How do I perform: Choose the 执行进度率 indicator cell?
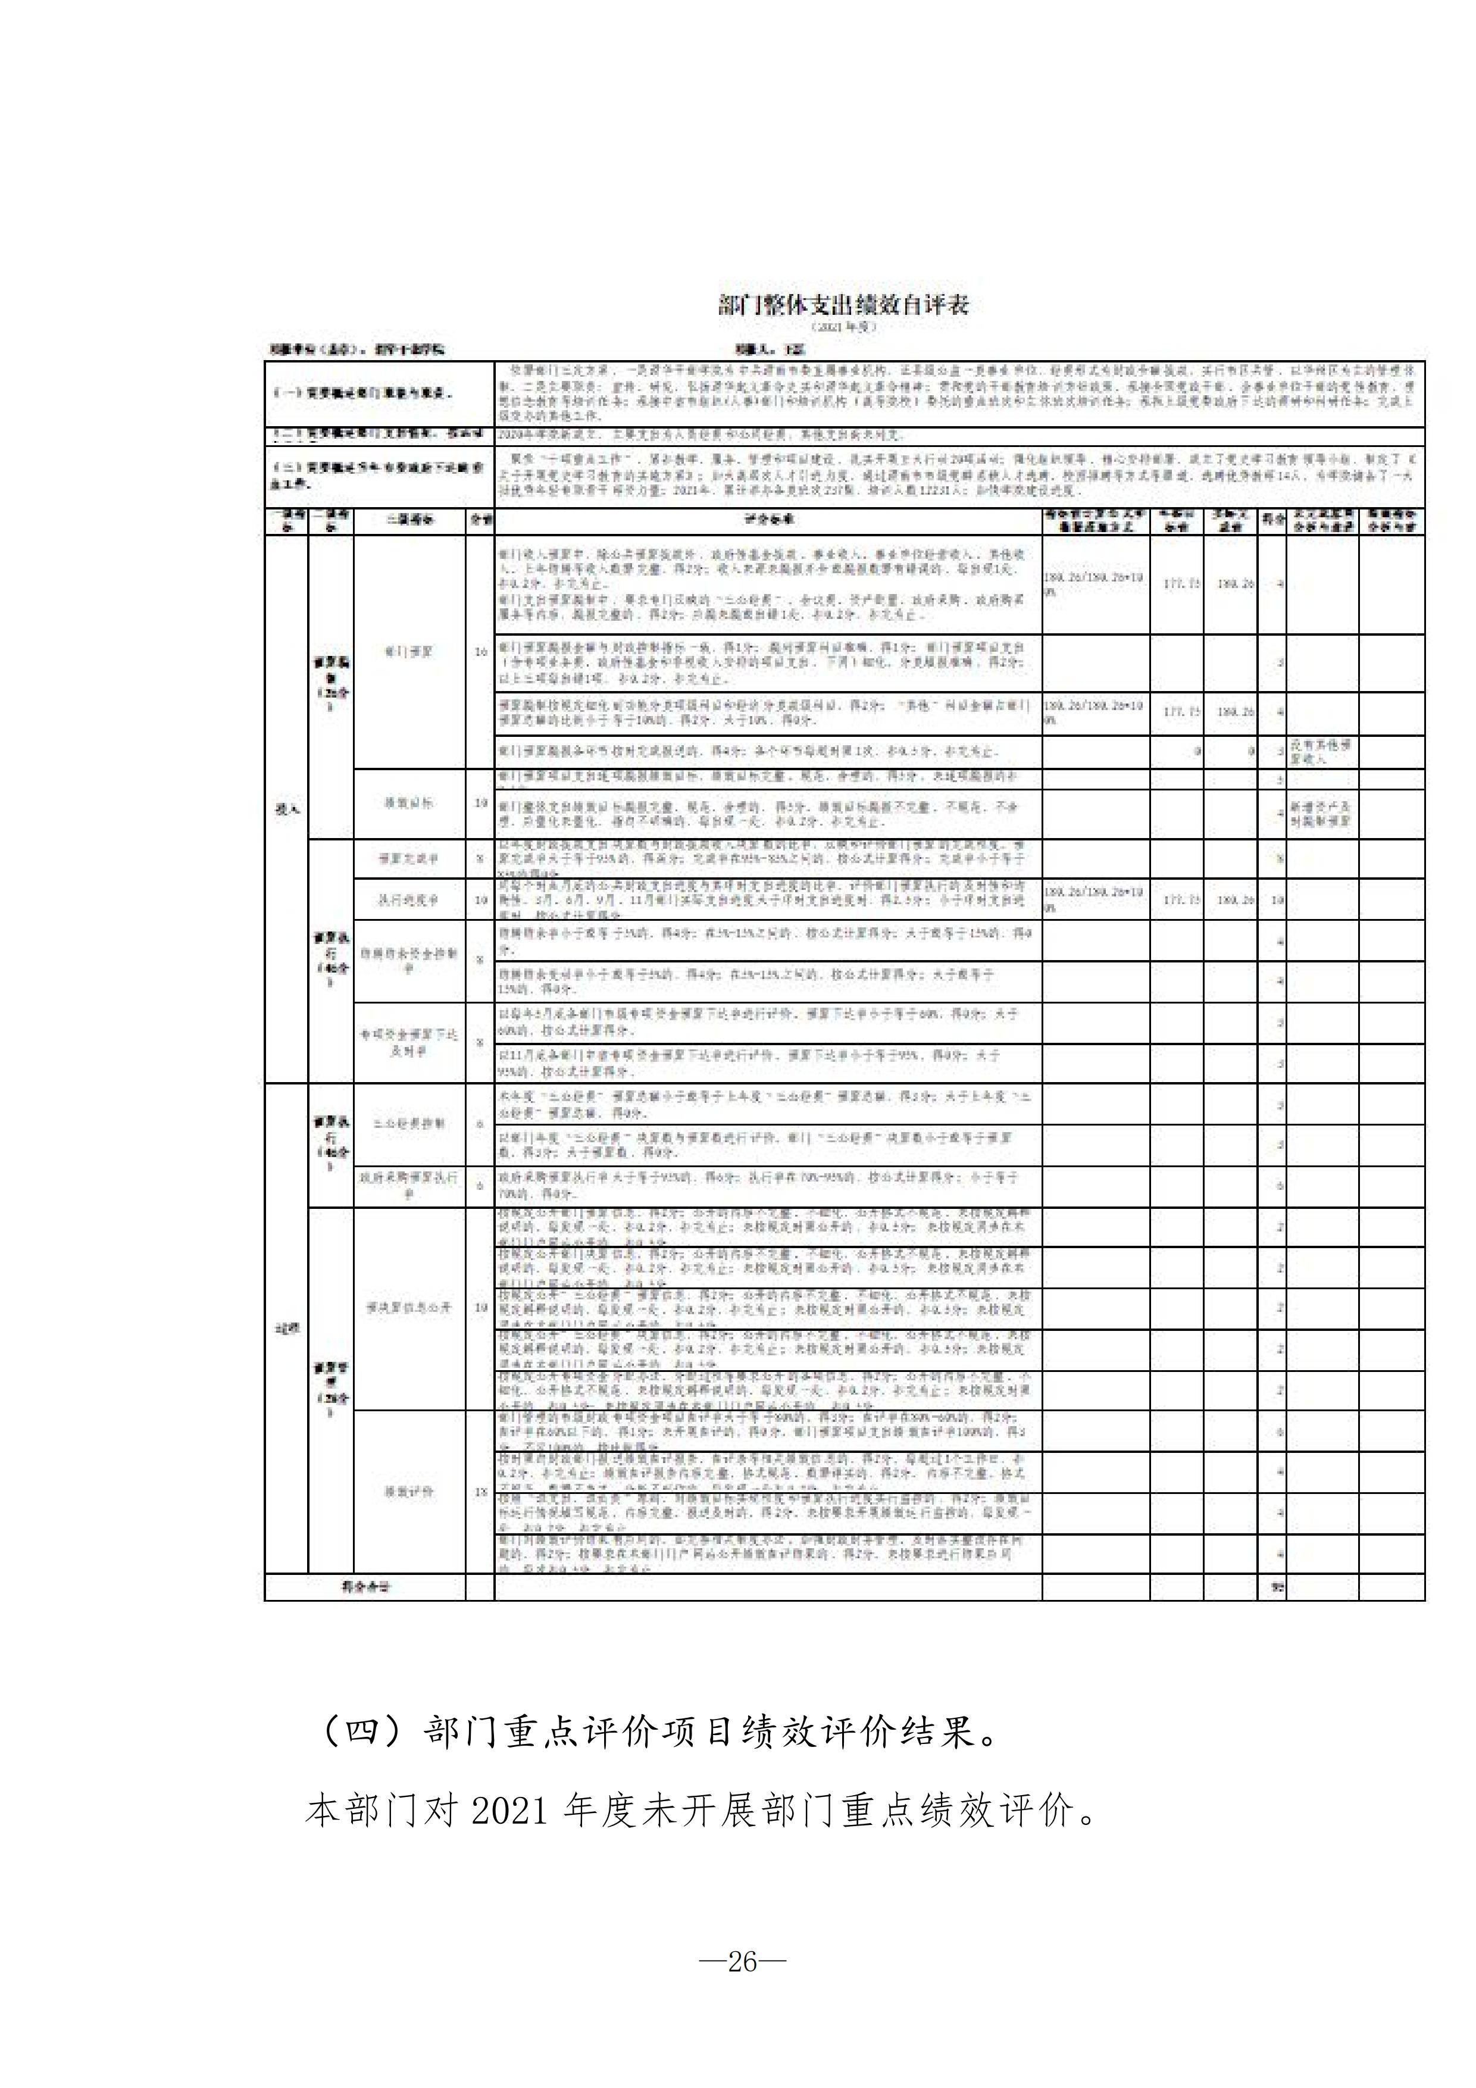[x=410, y=901]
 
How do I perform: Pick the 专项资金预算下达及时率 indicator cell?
[x=410, y=1043]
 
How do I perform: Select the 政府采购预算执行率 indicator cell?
[x=410, y=1185]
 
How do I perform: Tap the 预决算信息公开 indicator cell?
[x=410, y=1308]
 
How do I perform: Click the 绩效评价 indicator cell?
[x=410, y=1492]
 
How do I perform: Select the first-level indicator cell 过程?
[x=286, y=1329]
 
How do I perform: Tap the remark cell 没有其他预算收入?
[x=1321, y=751]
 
